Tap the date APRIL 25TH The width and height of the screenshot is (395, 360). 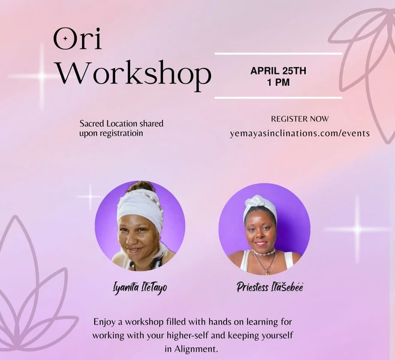coord(278,71)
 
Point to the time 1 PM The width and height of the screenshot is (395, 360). coord(278,82)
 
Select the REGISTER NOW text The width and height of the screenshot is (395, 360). coord(300,119)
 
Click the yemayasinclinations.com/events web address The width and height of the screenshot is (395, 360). coord(300,133)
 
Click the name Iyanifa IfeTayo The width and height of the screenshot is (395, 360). coord(140,287)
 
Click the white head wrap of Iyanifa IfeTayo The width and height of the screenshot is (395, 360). coord(139,207)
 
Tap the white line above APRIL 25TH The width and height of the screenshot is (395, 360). coord(278,54)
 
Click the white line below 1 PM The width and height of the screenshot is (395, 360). coord(278,97)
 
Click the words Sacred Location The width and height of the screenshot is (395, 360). coord(108,124)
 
